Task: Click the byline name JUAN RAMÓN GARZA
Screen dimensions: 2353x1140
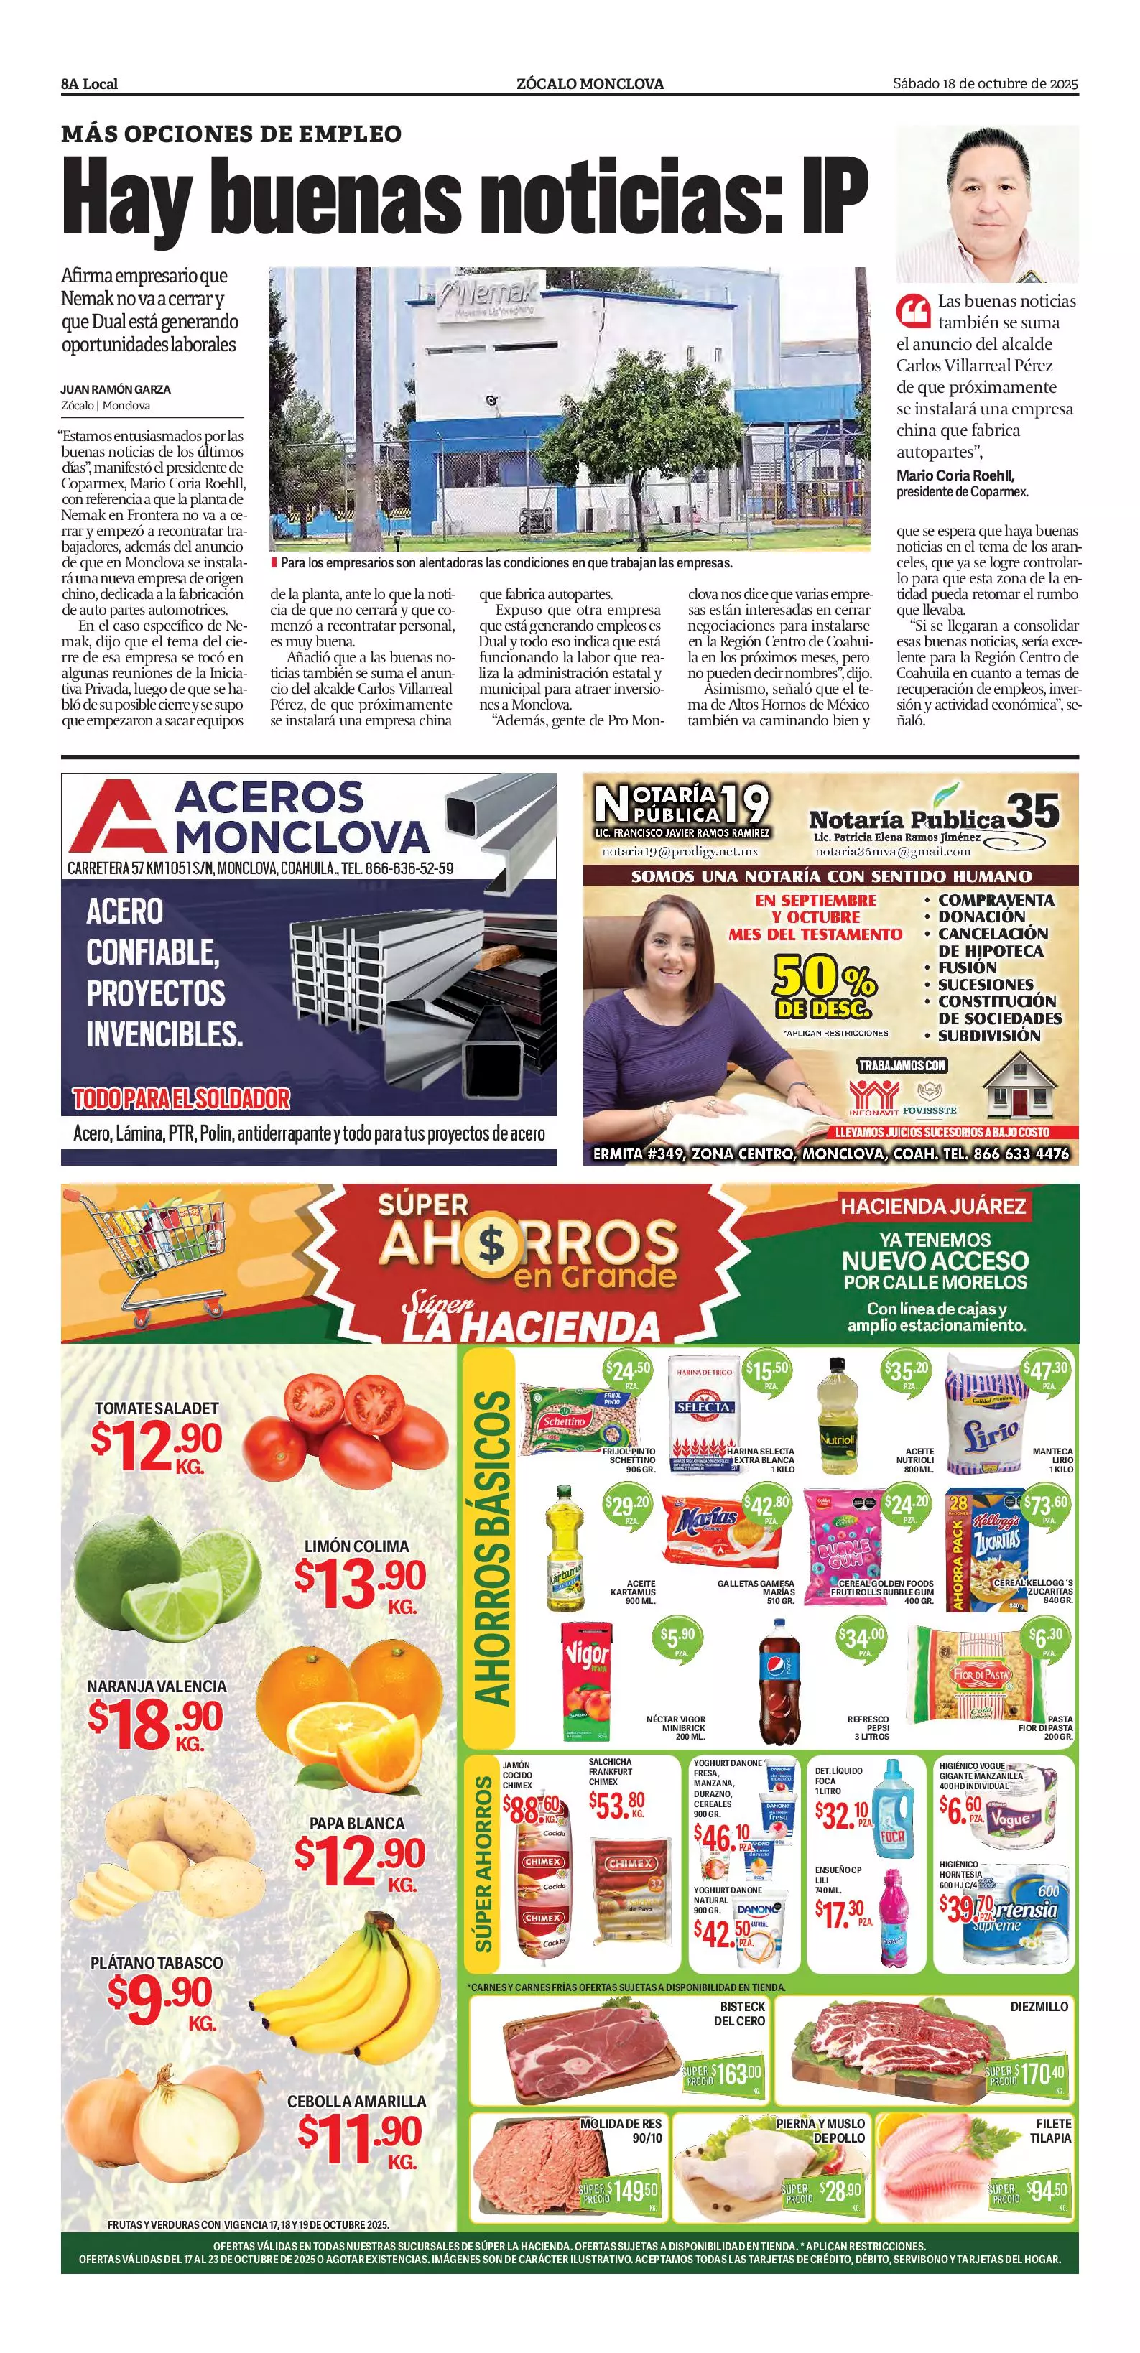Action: (116, 389)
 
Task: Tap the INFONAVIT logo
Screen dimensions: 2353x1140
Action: (875, 1096)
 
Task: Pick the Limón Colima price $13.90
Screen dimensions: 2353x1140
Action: (360, 1580)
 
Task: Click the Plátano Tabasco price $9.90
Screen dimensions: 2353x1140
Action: (160, 1995)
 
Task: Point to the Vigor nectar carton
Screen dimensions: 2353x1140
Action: (585, 1681)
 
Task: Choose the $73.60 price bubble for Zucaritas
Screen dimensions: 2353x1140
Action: (1046, 1505)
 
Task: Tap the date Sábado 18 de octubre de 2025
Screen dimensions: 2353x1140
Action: (985, 84)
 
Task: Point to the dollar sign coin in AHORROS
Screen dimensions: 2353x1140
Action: (491, 1243)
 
